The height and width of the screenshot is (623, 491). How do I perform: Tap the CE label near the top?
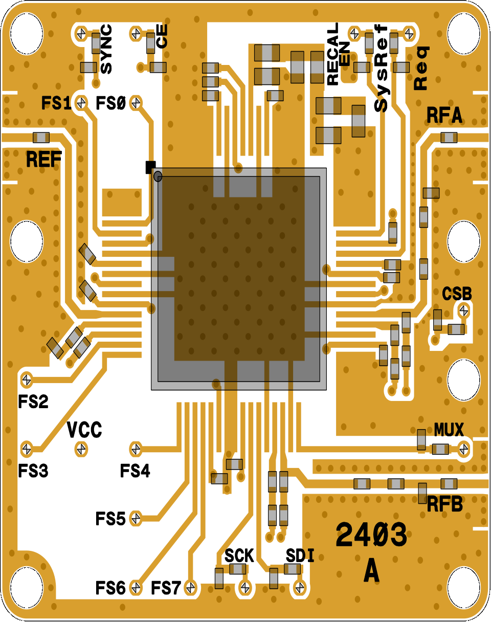pos(162,37)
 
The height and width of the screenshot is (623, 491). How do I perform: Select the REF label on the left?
pos(44,160)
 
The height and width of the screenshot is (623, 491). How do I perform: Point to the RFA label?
pos(444,116)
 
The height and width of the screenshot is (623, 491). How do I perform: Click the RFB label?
pos(445,505)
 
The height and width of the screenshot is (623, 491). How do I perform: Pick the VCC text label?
pos(85,430)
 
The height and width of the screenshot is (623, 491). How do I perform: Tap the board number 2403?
pos(371,536)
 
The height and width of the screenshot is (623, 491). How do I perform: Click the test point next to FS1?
pos(80,103)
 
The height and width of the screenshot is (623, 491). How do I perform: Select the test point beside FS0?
pos(136,103)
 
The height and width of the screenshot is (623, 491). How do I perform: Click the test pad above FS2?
pos(26,380)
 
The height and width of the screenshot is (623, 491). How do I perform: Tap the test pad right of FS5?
pos(136,518)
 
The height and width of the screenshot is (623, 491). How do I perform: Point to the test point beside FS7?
pos(191,587)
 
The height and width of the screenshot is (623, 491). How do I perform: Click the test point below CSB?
pos(463,309)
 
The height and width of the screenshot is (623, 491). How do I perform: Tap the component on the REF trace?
pos(41,138)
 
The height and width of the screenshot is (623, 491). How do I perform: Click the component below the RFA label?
pos(450,137)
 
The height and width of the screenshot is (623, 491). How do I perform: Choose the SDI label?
pos(300,555)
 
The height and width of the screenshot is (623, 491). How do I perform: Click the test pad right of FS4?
pos(136,449)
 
